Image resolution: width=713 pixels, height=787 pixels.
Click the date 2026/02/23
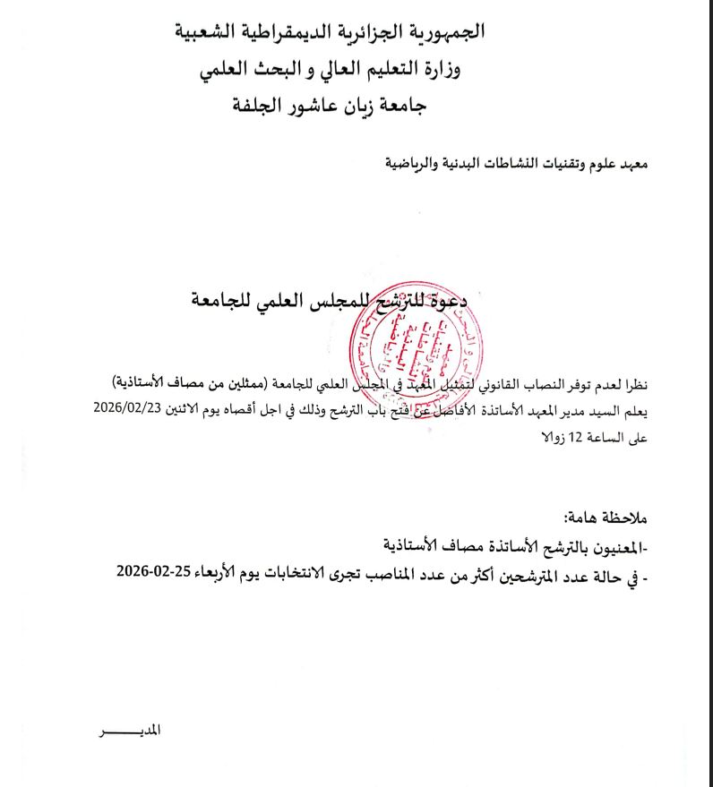point(143,408)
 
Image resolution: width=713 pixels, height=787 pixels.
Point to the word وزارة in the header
point(465,68)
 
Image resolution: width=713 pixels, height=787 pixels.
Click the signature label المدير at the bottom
point(148,730)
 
